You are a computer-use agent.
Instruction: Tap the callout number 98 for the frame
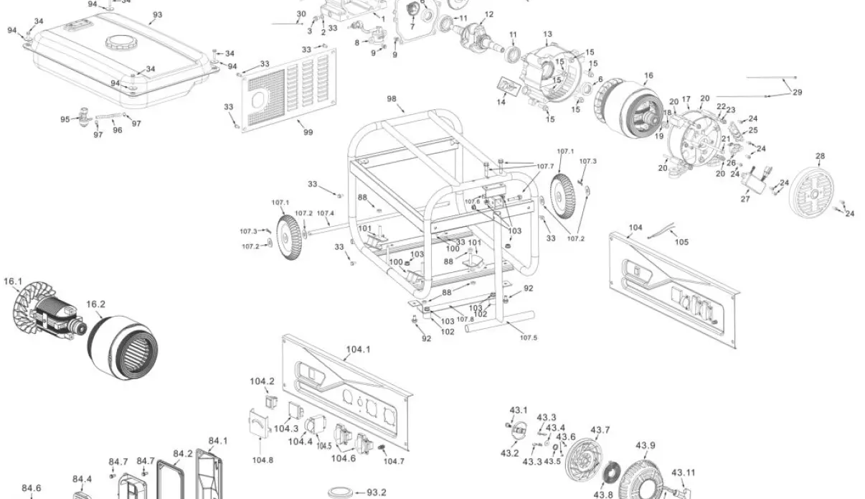click(392, 98)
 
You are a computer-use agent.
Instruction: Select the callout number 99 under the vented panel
click(308, 132)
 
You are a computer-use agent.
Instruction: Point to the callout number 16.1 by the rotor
click(13, 281)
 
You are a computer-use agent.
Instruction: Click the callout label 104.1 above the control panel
click(358, 350)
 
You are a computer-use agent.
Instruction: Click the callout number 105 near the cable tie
click(681, 242)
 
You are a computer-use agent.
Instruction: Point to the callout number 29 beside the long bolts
click(798, 92)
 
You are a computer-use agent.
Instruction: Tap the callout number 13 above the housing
click(547, 34)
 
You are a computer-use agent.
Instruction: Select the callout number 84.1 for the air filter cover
click(218, 440)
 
